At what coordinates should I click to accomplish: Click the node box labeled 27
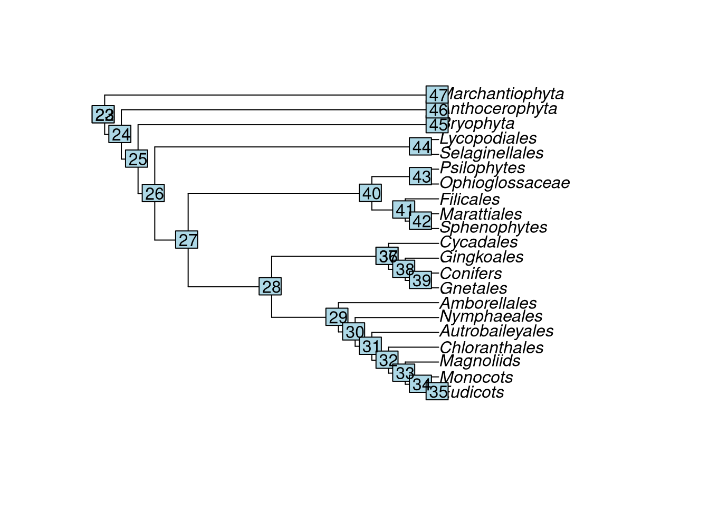(187, 240)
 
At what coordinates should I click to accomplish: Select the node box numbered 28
(271, 287)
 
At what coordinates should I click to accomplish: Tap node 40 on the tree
(371, 193)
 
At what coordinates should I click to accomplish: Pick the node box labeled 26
(154, 194)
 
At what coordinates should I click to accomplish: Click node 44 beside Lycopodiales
(421, 147)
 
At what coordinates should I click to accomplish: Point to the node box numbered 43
(421, 176)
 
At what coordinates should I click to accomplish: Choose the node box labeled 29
(338, 317)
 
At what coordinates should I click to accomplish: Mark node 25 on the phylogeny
(137, 159)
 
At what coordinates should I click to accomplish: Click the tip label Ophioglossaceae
(504, 183)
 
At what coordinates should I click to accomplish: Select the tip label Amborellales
(488, 303)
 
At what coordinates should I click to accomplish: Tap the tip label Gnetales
(473, 288)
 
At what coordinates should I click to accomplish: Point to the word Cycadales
(478, 242)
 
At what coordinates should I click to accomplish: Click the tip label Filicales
(470, 199)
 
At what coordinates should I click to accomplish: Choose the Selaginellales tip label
(491, 153)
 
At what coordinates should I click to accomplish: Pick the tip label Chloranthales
(491, 348)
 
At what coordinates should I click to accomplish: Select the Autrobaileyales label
(496, 331)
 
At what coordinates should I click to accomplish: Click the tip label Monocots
(476, 377)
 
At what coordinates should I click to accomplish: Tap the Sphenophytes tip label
(493, 227)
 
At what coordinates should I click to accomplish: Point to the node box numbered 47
(437, 95)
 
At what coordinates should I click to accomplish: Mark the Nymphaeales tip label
(491, 316)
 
